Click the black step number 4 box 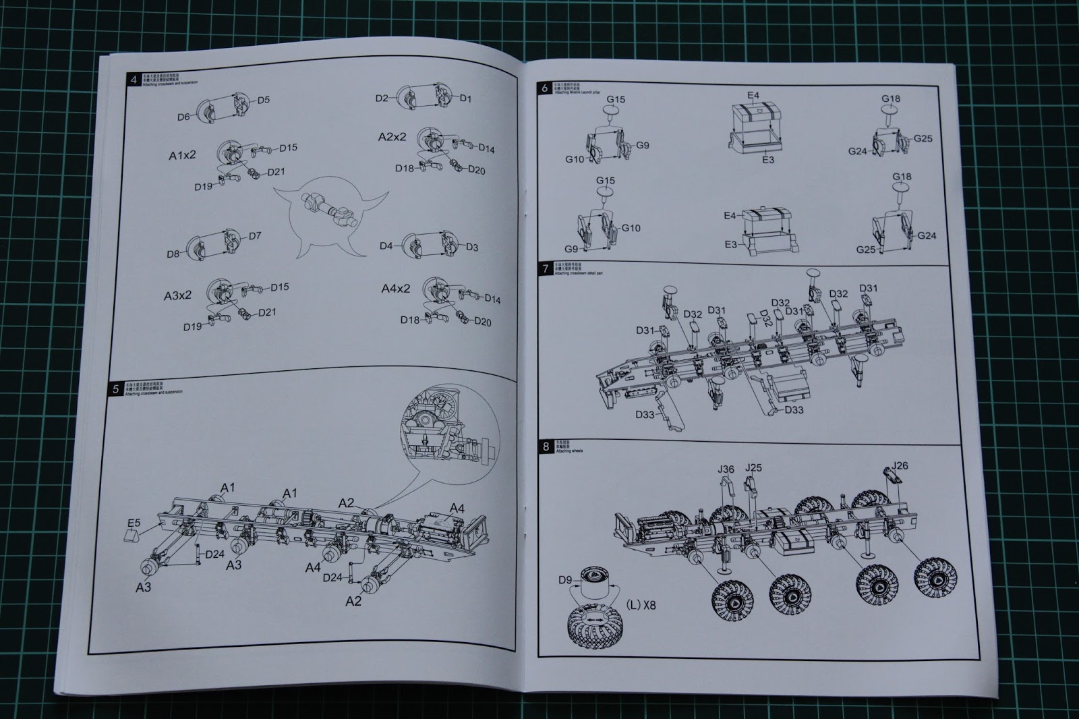tap(134, 80)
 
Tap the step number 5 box tap(115, 389)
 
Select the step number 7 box tap(546, 269)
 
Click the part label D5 tap(263, 100)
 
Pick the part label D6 tap(183, 117)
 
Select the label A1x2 tap(182, 155)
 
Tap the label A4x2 tap(395, 289)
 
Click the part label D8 tap(173, 254)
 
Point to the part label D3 tap(471, 248)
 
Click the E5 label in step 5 tap(134, 523)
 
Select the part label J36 tap(726, 469)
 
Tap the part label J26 tap(900, 465)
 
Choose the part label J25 tap(753, 467)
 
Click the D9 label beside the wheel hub tap(565, 580)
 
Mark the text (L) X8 tap(641, 605)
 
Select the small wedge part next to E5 tap(131, 538)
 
